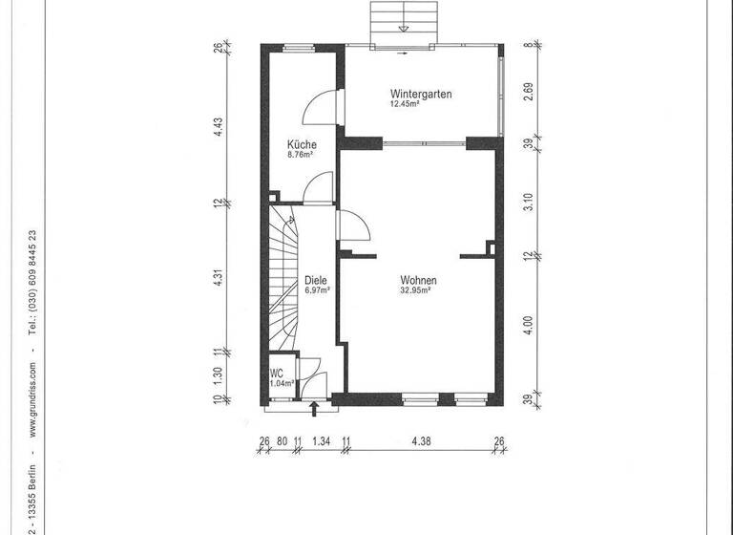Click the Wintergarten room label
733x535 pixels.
420,94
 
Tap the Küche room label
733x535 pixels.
302,145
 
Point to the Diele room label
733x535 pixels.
316,281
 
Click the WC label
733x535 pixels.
277,373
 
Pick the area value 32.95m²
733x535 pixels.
417,290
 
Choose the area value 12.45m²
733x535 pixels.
405,104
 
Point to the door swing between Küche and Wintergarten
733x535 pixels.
320,108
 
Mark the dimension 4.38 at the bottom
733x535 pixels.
420,440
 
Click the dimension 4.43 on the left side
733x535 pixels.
218,126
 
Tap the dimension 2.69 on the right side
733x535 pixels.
528,93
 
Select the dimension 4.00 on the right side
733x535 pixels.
528,325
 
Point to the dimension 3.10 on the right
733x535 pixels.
528,203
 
